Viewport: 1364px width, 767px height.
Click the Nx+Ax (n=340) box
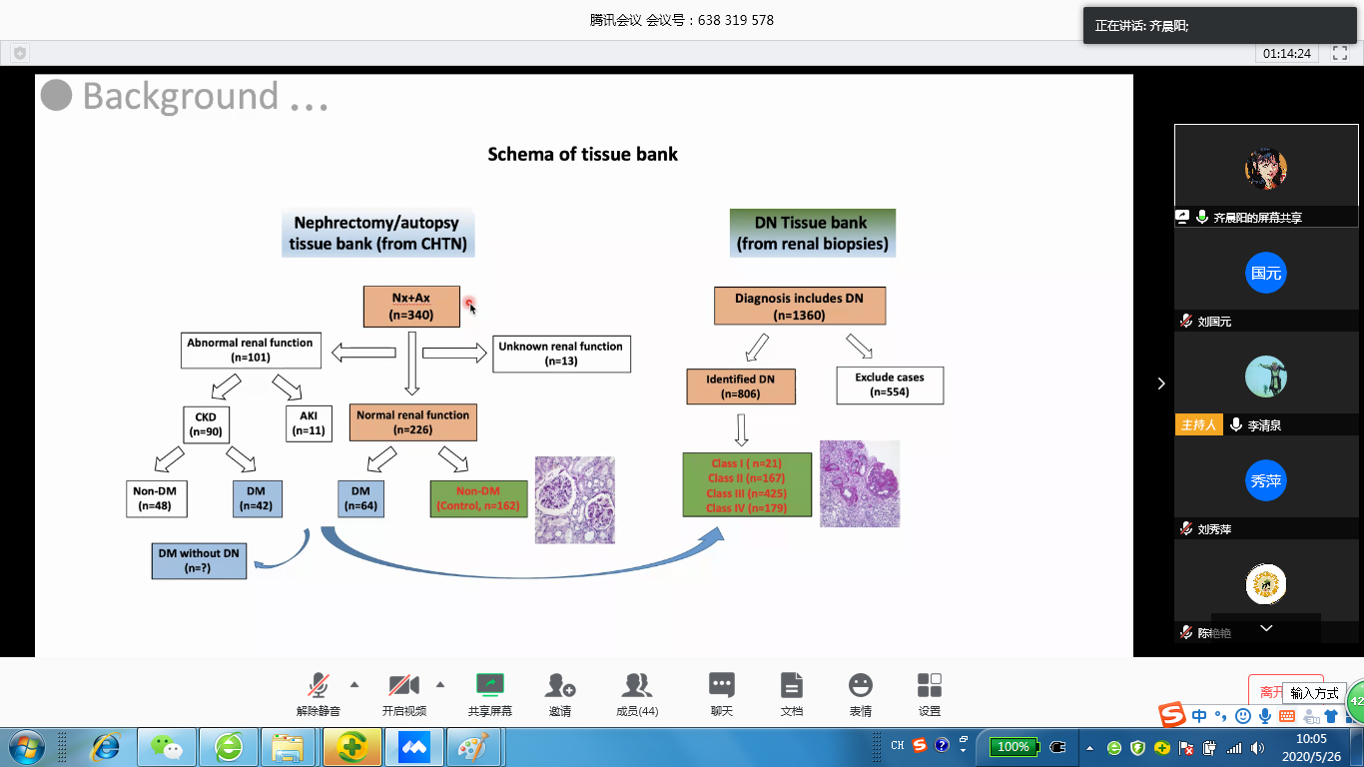(411, 307)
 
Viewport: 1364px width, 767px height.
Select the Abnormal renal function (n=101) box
(251, 350)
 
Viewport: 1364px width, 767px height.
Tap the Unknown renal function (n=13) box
(561, 354)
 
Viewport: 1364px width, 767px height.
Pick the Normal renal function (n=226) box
(412, 421)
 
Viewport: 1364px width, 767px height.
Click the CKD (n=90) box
(206, 423)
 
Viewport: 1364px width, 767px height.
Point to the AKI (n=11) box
(308, 423)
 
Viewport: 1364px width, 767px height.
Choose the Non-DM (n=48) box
(157, 498)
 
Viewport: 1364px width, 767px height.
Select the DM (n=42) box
(257, 498)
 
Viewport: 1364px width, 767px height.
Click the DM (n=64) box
(360, 498)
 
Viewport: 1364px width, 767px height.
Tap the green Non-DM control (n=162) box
(479, 498)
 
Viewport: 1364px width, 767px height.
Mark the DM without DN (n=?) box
(199, 560)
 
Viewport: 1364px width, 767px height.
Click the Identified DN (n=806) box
(741, 386)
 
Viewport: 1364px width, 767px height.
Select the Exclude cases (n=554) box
(889, 384)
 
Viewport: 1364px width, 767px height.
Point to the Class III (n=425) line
(746, 493)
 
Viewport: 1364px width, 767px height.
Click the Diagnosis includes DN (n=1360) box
(800, 307)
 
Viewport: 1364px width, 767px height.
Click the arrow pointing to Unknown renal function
(454, 353)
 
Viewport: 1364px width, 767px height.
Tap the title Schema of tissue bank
(582, 154)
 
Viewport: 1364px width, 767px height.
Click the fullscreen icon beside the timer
(1339, 53)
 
